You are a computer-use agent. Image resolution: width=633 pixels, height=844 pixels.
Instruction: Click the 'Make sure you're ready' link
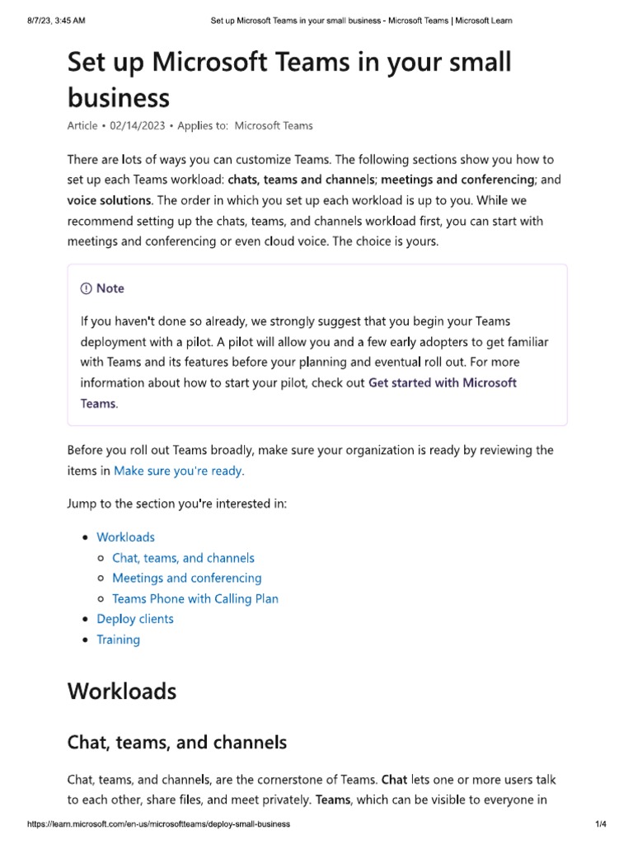[x=179, y=471]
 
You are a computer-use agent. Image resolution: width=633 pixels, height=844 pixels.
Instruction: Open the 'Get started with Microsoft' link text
[x=443, y=382]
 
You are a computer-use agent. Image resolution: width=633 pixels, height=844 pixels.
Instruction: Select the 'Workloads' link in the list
[x=125, y=537]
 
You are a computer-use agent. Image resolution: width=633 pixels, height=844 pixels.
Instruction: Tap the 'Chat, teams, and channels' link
[x=183, y=558]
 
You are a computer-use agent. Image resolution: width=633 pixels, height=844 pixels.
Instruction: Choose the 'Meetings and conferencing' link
[x=186, y=578]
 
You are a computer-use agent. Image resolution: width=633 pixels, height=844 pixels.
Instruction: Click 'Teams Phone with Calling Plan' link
[x=195, y=598]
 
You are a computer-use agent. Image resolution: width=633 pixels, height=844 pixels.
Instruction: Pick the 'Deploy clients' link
[x=135, y=619]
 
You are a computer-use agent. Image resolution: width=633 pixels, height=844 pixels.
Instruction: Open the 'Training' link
[x=118, y=640]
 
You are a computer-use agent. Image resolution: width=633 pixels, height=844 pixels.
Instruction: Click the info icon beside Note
[x=86, y=288]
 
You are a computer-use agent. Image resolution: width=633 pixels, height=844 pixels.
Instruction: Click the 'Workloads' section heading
[x=121, y=690]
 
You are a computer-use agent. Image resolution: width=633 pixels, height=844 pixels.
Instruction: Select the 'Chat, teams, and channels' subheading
[x=176, y=742]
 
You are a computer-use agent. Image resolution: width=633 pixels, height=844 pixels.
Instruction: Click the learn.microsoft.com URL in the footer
[x=158, y=824]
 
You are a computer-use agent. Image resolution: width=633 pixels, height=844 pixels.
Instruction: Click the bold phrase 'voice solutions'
[x=109, y=200]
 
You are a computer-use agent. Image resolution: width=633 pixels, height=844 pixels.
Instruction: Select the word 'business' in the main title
[x=118, y=98]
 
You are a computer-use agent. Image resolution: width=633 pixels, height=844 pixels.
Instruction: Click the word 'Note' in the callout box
[x=110, y=288]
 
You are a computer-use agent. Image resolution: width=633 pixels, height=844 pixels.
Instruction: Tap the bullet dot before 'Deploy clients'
[x=87, y=619]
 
